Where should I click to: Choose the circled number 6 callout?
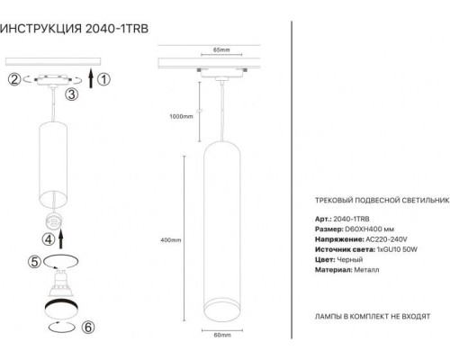coord(88,328)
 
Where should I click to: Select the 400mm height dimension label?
coord(169,240)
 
